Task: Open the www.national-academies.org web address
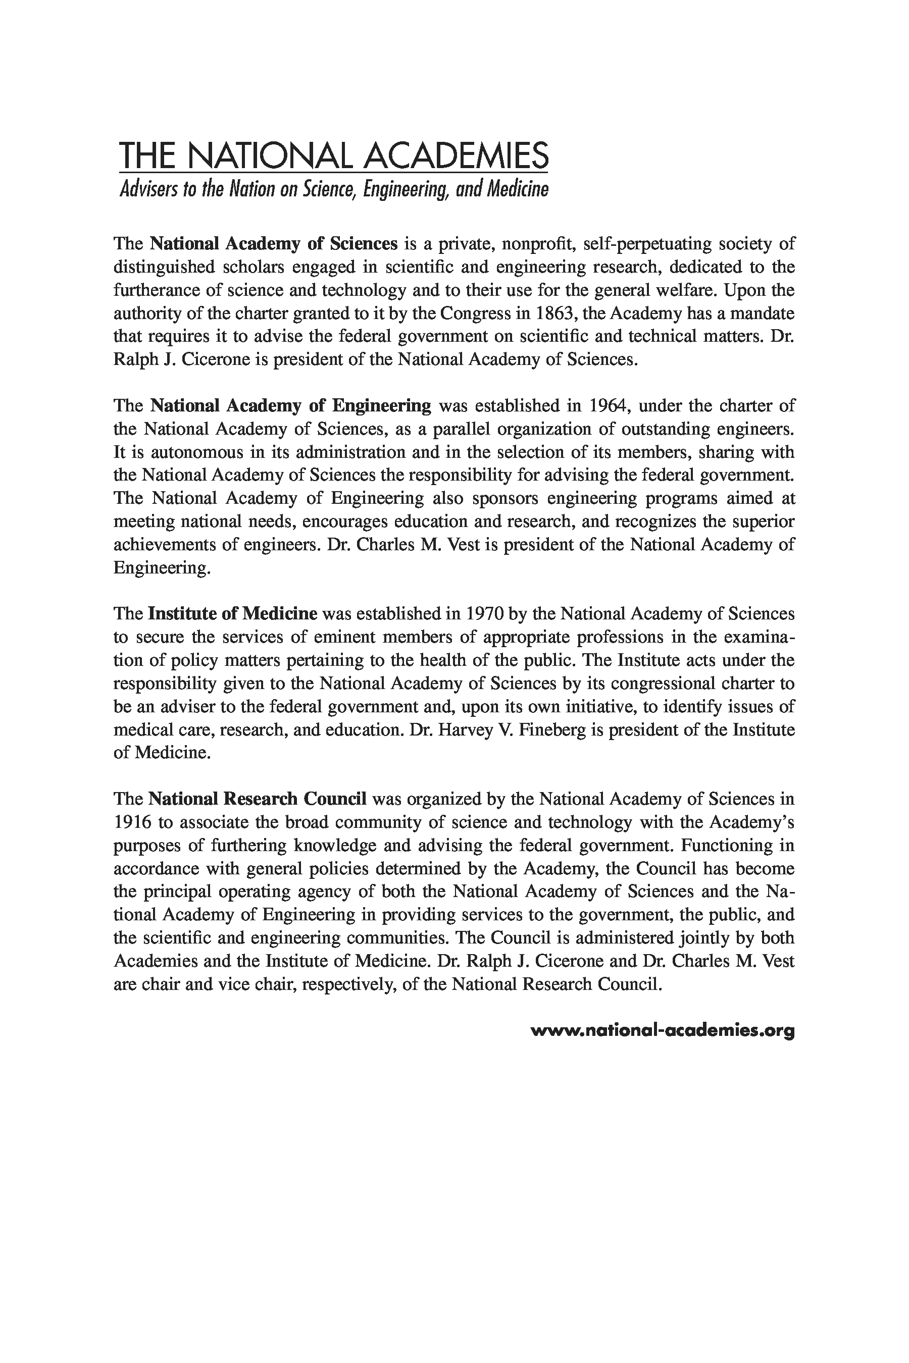[662, 1030]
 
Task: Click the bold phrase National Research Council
[258, 799]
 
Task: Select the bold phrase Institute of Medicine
[232, 613]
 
